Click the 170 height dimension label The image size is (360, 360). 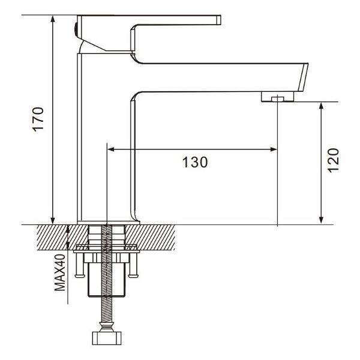tap(38, 119)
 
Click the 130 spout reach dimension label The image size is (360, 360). tap(195, 162)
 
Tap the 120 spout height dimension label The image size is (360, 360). tap(333, 160)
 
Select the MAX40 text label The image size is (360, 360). tap(60, 272)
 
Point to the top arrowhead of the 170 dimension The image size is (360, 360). tap(53, 19)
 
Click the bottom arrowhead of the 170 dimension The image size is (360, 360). tap(53, 220)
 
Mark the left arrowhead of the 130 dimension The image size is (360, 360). tap(111, 149)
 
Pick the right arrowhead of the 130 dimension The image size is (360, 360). tap(274, 149)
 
